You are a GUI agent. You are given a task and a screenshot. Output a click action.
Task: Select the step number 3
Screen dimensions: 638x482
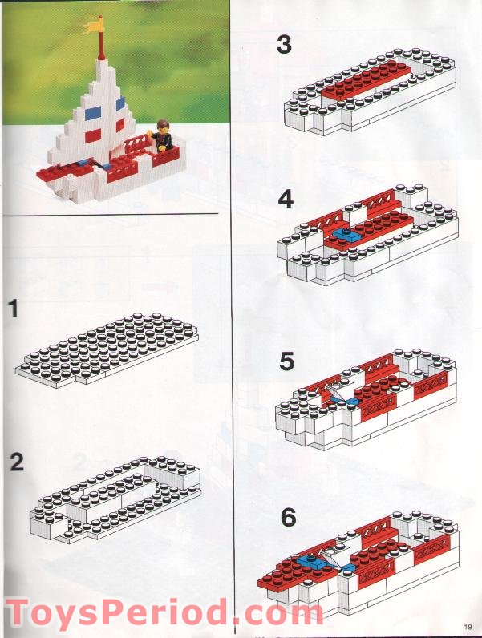click(284, 44)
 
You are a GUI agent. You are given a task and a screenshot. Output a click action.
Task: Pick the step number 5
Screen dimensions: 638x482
click(287, 362)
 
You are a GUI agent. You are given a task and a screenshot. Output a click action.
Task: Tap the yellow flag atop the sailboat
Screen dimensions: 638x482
click(95, 26)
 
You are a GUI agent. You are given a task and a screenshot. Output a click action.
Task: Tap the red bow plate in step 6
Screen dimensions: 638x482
click(277, 574)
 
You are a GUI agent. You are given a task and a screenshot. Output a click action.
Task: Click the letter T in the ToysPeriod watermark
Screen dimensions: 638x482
click(19, 612)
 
